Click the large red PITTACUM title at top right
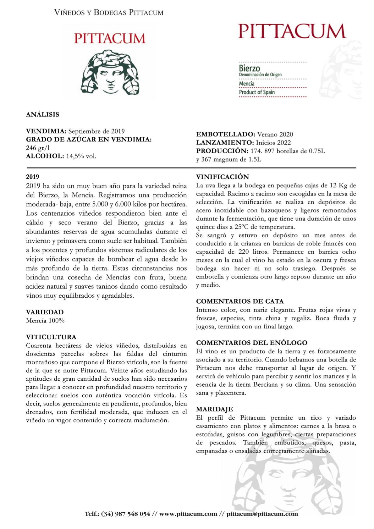(x=292, y=31)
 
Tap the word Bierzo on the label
(x=250, y=68)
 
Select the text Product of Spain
(x=257, y=92)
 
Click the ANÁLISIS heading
(x=42, y=114)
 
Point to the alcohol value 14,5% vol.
(x=81, y=156)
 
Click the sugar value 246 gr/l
(x=38, y=148)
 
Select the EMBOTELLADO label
(x=225, y=135)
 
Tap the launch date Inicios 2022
(x=273, y=143)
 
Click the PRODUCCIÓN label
(x=222, y=151)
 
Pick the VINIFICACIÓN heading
(x=223, y=177)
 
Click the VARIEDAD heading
(x=45, y=312)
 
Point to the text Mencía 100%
(x=45, y=321)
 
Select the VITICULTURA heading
(x=51, y=337)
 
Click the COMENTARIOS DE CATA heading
(x=240, y=301)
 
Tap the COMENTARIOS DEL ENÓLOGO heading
(x=252, y=343)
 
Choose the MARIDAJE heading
(x=215, y=409)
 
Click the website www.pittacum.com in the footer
(x=188, y=514)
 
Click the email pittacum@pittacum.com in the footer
(x=262, y=514)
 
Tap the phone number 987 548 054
(x=133, y=514)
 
